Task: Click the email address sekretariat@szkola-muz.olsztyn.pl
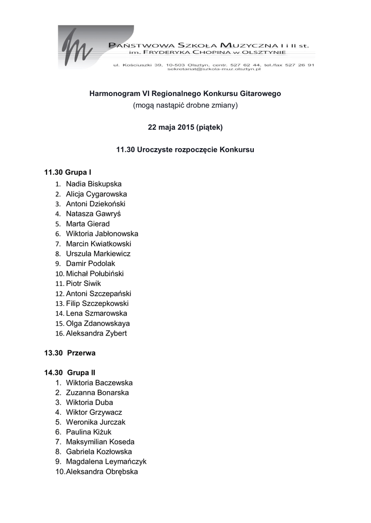point(213,69)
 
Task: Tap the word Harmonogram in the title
point(114,94)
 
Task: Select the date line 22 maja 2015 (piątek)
point(185,127)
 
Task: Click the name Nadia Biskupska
point(94,184)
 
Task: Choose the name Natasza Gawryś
point(93,214)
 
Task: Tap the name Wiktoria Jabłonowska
point(102,234)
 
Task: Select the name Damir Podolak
point(91,264)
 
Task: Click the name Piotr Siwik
point(83,283)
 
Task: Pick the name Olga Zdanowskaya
point(98,323)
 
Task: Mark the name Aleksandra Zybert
point(96,334)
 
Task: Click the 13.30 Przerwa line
point(70,353)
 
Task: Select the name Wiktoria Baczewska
point(99,383)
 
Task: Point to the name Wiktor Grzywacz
point(94,413)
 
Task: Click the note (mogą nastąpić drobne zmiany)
point(185,106)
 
